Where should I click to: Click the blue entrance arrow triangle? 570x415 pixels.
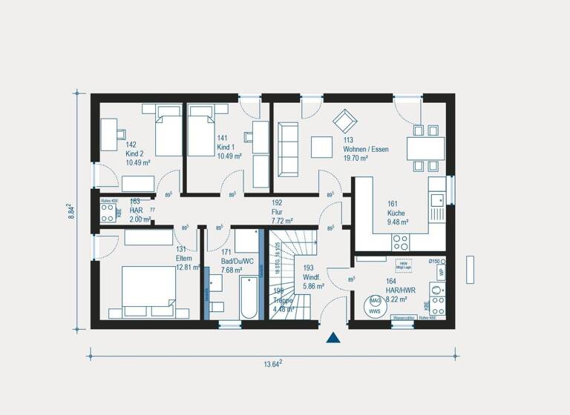click(333, 338)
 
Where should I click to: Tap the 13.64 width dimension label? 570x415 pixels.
click(271, 363)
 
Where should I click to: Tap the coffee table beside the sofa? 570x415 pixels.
click(321, 146)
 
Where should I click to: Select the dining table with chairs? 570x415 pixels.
click(425, 147)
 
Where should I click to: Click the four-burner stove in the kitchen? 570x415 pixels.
click(401, 242)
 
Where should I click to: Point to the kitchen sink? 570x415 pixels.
click(437, 199)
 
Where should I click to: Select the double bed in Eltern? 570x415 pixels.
click(148, 289)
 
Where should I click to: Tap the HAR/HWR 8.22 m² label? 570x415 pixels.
click(396, 291)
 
